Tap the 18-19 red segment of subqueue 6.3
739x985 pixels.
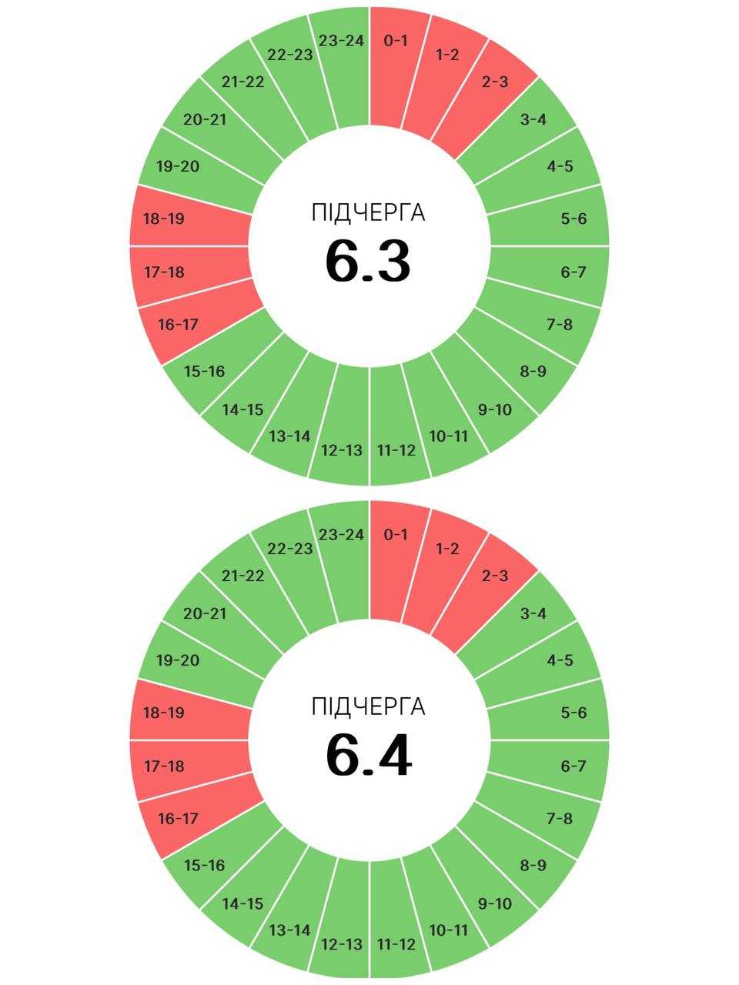(x=189, y=218)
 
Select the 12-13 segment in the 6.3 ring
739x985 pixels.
(x=342, y=426)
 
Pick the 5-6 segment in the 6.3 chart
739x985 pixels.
(x=550, y=218)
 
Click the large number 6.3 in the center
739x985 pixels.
(x=368, y=262)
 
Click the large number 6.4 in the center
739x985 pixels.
(x=369, y=755)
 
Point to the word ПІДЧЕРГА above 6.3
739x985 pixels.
(x=369, y=212)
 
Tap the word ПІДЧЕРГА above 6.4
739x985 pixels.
(x=369, y=706)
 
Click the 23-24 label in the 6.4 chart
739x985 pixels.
(x=342, y=535)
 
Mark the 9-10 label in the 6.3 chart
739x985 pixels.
(x=494, y=409)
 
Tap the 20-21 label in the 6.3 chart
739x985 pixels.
(x=205, y=120)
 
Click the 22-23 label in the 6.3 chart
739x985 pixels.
(x=290, y=55)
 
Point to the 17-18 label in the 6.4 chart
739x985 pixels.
(x=164, y=766)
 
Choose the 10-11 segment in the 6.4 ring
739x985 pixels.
(x=446, y=911)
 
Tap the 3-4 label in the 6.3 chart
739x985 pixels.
(x=533, y=120)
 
